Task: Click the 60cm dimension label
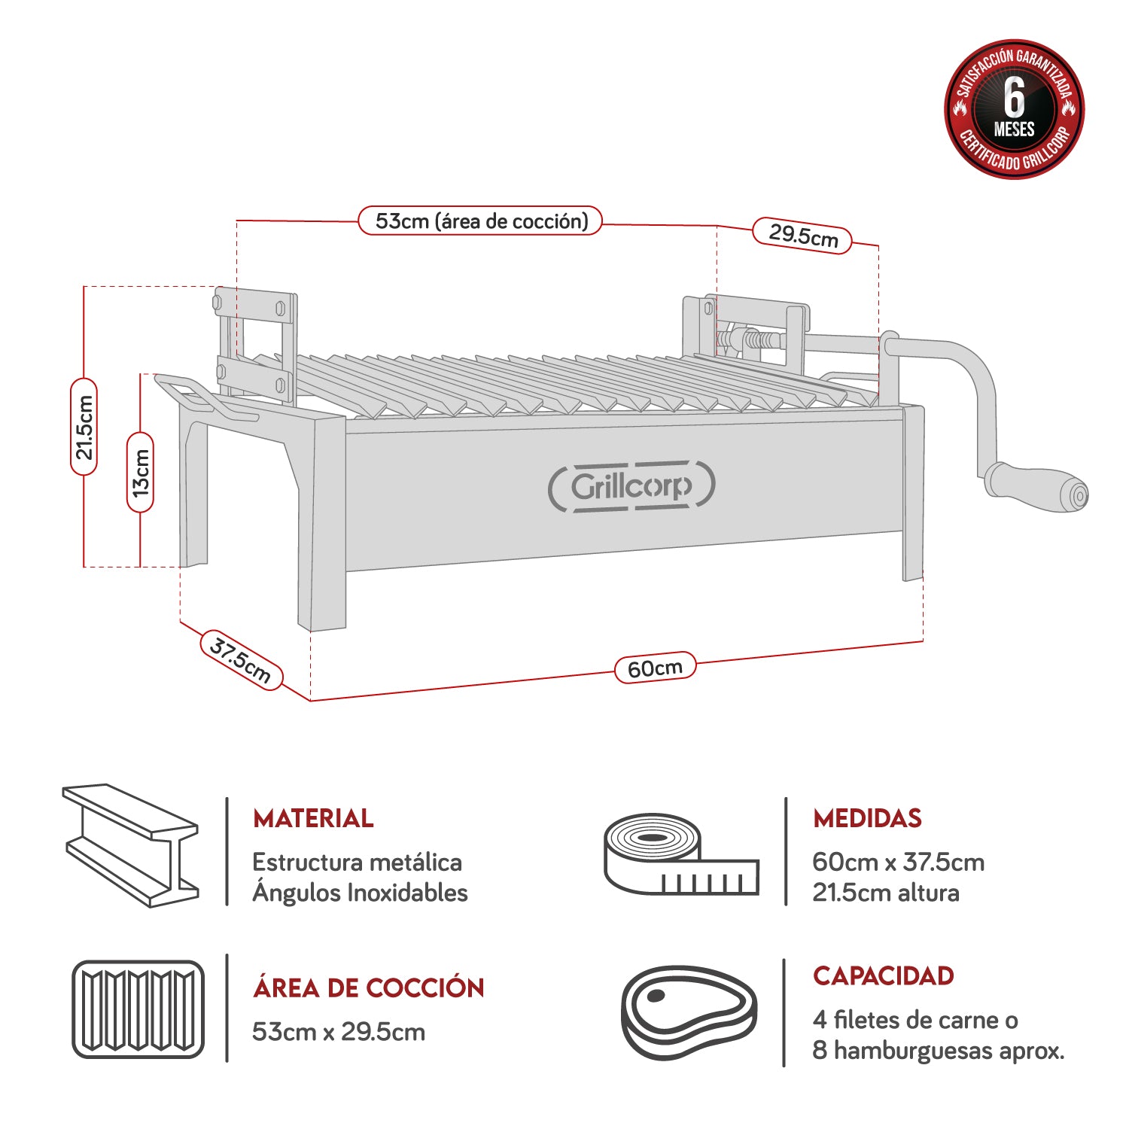tap(655, 668)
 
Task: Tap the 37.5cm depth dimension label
tap(241, 660)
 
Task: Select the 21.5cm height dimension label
tap(84, 427)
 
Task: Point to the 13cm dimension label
tap(140, 472)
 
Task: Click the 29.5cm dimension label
tap(802, 236)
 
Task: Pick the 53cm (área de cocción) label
tap(480, 221)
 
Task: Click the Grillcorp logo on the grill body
tap(631, 486)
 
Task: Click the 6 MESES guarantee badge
tap(1014, 109)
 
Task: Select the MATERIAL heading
tap(313, 818)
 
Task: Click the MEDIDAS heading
tap(867, 818)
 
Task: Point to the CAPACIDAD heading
tap(883, 976)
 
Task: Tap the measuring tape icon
tap(680, 854)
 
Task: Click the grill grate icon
tap(138, 1009)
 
